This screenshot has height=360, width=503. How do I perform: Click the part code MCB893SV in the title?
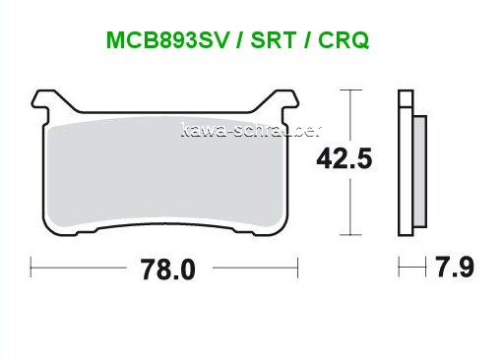point(167,40)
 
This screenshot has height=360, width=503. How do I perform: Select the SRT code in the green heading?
point(273,40)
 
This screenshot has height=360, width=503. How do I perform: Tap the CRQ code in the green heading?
point(344,40)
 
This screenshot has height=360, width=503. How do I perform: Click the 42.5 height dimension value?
point(345,158)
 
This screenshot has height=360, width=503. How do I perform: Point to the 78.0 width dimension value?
point(168,270)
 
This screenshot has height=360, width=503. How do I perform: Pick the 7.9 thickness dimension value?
point(455,268)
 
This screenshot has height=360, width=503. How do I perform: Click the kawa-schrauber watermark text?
point(252,131)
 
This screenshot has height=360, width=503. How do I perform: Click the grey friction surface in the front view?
point(165,171)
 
